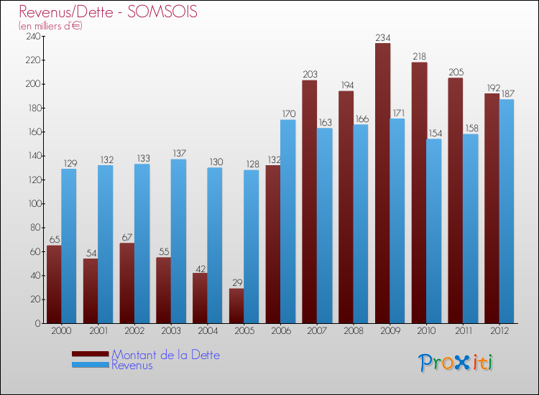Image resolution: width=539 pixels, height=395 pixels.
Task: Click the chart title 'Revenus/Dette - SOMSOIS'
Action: (x=108, y=12)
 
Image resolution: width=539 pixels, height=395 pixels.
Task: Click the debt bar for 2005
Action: (x=236, y=306)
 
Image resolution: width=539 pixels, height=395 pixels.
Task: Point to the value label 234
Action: (x=383, y=37)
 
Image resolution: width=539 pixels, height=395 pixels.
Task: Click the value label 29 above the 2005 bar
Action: (x=236, y=283)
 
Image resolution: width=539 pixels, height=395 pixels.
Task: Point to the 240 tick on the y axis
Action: (x=33, y=37)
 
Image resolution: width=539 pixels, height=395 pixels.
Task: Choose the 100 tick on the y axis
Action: (x=33, y=204)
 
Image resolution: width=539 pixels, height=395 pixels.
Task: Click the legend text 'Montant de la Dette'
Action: (x=165, y=355)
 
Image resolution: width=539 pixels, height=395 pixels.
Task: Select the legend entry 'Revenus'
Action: (x=132, y=365)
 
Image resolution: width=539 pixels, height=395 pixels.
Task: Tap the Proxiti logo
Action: (x=456, y=363)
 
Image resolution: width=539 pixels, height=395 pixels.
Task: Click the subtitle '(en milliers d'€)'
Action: (x=50, y=26)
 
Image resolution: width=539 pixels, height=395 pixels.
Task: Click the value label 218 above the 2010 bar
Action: (x=420, y=57)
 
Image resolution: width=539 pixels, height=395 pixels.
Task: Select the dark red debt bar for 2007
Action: (x=310, y=201)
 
